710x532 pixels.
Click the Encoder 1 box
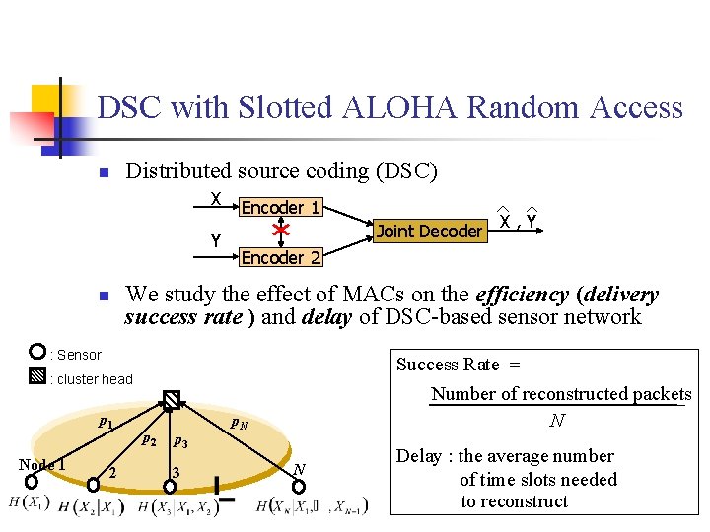[281, 208]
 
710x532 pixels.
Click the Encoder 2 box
[281, 257]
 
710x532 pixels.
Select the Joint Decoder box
[430, 232]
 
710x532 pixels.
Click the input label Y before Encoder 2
[215, 241]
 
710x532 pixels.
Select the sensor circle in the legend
[37, 353]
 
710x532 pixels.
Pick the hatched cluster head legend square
[37, 376]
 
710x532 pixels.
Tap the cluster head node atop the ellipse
[172, 399]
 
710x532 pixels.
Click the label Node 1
[41, 465]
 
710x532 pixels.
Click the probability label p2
[149, 438]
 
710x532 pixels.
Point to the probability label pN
[238, 425]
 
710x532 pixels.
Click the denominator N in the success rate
[557, 421]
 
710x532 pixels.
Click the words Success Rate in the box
[448, 365]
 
